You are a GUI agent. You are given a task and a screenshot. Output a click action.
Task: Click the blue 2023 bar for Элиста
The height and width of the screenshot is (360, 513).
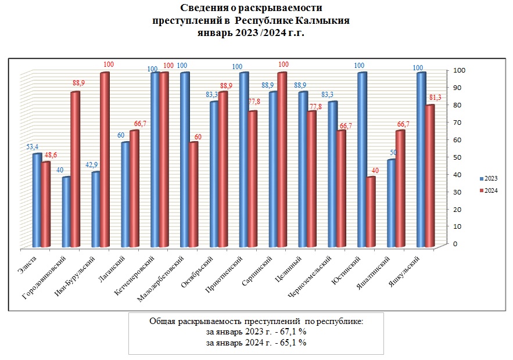tap(37, 200)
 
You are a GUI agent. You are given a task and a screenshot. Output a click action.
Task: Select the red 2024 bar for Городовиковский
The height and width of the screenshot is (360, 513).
tap(75, 168)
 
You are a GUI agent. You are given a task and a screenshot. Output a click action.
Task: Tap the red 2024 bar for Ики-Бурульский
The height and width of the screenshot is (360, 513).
tap(105, 160)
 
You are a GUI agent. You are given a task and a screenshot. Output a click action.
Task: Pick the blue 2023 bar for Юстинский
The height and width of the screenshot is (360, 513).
tap(362, 160)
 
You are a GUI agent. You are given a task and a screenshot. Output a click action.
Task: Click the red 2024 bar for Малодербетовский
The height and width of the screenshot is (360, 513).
tap(193, 195)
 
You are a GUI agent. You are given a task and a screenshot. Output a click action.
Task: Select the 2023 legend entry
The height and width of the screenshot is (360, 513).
tap(488, 178)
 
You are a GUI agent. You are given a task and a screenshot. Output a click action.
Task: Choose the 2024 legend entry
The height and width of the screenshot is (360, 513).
tap(488, 190)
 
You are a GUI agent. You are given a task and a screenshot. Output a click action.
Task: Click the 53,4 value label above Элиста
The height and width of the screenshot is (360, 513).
tap(33, 147)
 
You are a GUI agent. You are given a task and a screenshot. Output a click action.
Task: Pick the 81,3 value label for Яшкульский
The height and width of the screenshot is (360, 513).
tap(434, 98)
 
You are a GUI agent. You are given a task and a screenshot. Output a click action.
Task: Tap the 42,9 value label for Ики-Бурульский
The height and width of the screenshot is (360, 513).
tap(92, 165)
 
